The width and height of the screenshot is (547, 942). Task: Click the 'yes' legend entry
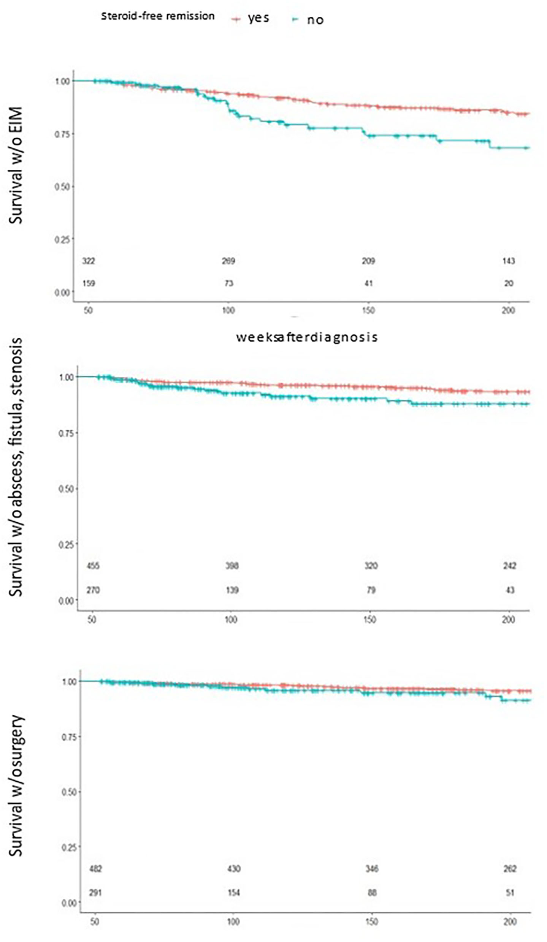click(x=258, y=18)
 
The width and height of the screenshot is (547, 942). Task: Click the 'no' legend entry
click(x=315, y=20)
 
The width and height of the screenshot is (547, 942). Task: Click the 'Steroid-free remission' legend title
click(x=157, y=16)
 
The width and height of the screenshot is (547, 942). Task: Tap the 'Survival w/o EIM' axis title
click(x=16, y=165)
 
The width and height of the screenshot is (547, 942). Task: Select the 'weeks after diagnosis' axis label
click(x=307, y=337)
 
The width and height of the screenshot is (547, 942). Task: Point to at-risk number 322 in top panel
click(x=89, y=261)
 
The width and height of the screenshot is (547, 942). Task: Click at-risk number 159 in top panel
click(x=89, y=283)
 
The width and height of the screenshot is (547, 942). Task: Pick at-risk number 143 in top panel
click(x=509, y=261)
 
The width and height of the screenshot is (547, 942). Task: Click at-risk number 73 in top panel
click(x=228, y=283)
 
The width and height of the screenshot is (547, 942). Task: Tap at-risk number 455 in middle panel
click(x=93, y=566)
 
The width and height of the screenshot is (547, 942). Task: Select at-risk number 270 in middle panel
click(x=93, y=590)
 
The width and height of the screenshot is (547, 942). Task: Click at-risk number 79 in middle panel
click(x=371, y=590)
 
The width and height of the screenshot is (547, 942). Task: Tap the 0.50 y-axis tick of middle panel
click(x=66, y=488)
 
